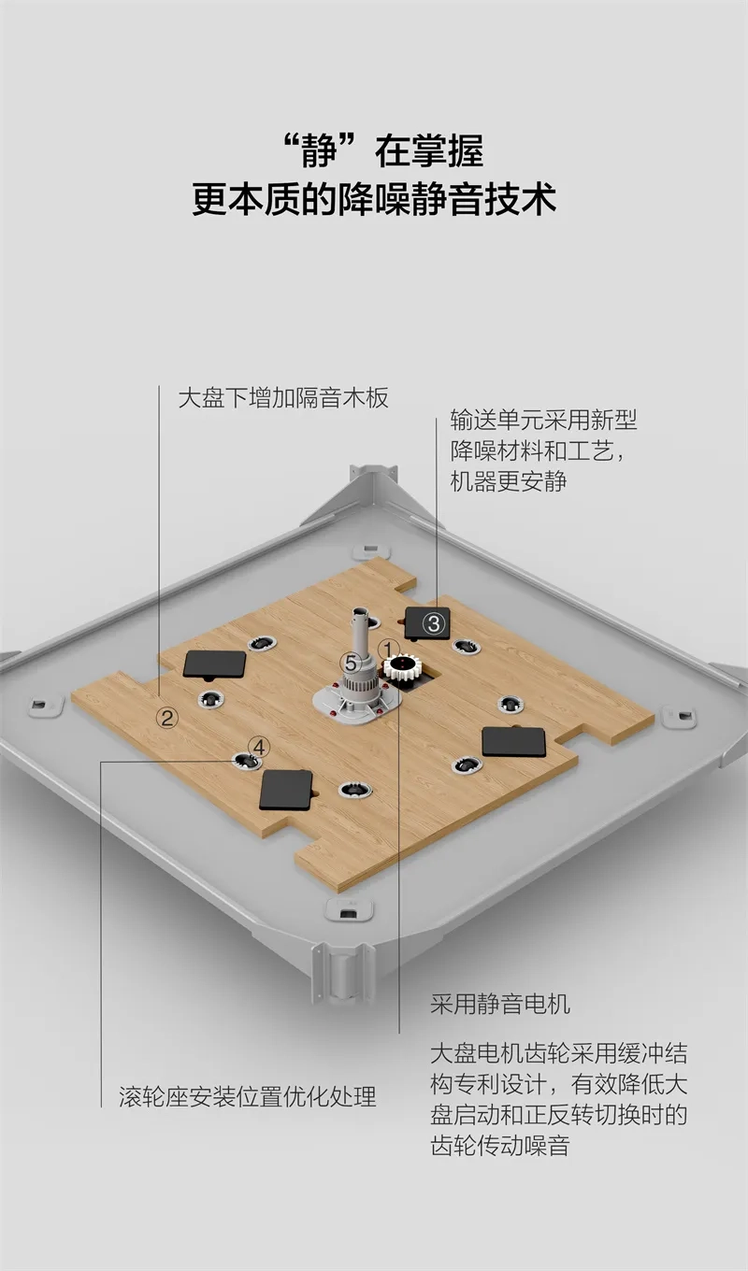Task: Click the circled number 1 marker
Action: [x=389, y=648]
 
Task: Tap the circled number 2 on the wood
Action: [x=167, y=717]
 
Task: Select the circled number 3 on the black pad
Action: [x=434, y=623]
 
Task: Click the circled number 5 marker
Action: [x=350, y=662]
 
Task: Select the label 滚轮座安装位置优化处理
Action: [x=248, y=1095]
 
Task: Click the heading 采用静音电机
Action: [x=499, y=1005]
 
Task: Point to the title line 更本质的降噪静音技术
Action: [x=374, y=200]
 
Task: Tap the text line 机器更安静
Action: [x=508, y=481]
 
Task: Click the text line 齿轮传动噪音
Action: [x=499, y=1145]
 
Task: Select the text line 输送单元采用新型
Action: [x=542, y=419]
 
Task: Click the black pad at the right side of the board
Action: [x=513, y=742]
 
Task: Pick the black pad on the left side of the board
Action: [x=214, y=664]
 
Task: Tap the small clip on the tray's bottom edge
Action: [x=348, y=909]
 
